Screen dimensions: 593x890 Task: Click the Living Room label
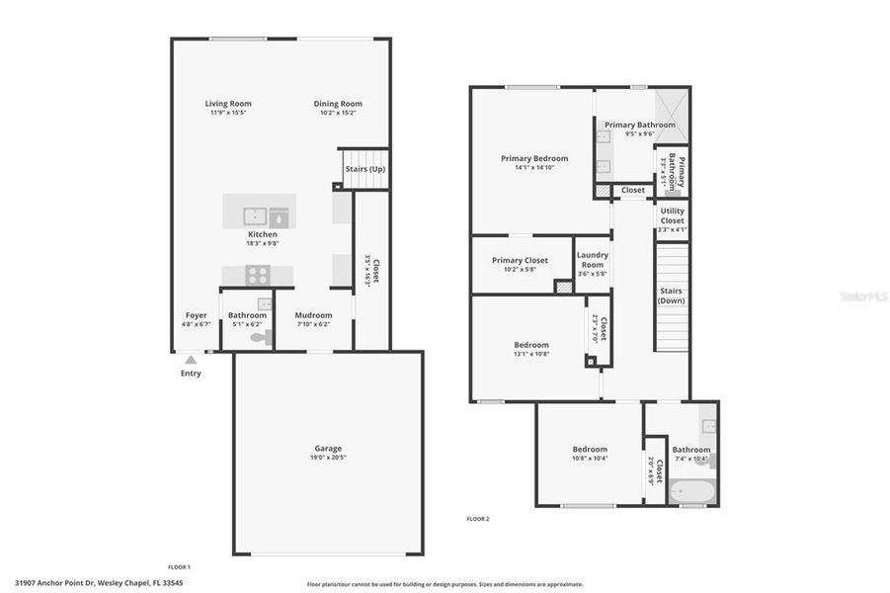click(x=228, y=104)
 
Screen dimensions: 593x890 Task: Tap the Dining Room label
click(x=338, y=104)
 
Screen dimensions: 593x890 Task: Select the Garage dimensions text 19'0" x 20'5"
click(x=328, y=459)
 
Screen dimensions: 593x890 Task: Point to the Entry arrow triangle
click(x=191, y=361)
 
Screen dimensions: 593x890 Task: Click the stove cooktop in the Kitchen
click(x=257, y=276)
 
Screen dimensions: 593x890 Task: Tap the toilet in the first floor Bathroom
click(x=260, y=337)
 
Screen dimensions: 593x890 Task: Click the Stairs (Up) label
click(x=364, y=169)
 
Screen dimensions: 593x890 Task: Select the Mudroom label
click(x=313, y=315)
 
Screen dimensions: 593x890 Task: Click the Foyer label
click(x=197, y=315)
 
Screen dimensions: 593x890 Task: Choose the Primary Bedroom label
click(x=534, y=158)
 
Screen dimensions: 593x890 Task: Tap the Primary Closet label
click(x=520, y=260)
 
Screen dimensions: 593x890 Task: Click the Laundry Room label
click(x=592, y=259)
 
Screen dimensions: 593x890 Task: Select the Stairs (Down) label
click(x=672, y=296)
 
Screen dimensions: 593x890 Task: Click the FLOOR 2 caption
click(x=478, y=519)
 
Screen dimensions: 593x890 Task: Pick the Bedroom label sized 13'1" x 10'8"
click(x=530, y=345)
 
